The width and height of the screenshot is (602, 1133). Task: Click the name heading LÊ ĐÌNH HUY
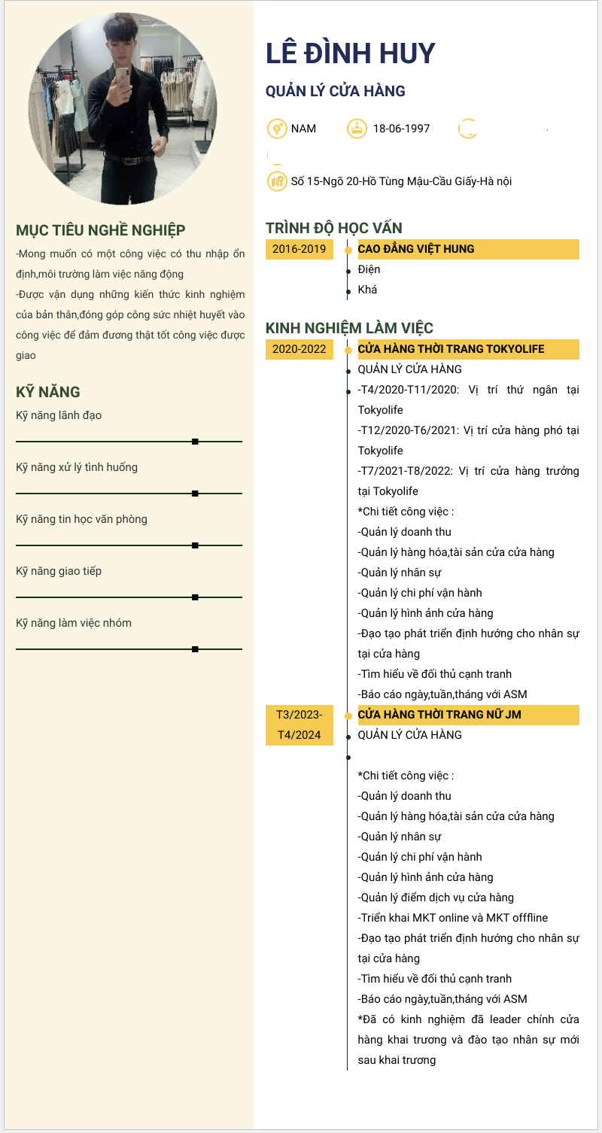(x=351, y=53)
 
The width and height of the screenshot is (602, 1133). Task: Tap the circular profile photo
(x=123, y=110)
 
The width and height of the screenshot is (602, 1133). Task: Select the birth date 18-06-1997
(x=401, y=129)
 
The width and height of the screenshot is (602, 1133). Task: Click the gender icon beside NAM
(x=277, y=129)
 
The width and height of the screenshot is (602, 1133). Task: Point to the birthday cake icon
(x=356, y=129)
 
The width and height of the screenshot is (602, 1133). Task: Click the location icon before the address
(x=277, y=181)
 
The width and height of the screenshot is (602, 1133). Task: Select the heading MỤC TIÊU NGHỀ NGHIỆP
(x=101, y=230)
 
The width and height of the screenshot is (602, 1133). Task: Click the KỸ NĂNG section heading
(x=48, y=392)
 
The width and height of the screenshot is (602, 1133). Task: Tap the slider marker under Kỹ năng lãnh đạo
(x=195, y=442)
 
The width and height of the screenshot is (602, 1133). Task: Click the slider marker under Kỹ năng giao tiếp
(x=195, y=597)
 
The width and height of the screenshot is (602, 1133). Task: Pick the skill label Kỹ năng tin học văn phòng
(x=81, y=519)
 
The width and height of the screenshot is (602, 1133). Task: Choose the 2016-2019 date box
(x=299, y=249)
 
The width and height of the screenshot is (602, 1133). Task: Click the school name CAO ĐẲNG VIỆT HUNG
(x=416, y=249)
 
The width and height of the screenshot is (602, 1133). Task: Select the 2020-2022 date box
(x=299, y=349)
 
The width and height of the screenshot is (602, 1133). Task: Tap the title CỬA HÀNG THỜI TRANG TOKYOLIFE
(x=451, y=349)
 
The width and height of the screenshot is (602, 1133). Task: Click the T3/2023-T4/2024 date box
(x=299, y=724)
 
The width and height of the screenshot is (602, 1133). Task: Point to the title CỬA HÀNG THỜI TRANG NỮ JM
(x=439, y=715)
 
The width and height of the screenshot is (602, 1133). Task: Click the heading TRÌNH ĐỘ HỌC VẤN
(x=334, y=228)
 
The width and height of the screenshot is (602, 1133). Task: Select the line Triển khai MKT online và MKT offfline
(x=453, y=918)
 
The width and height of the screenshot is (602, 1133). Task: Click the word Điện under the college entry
(x=369, y=269)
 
